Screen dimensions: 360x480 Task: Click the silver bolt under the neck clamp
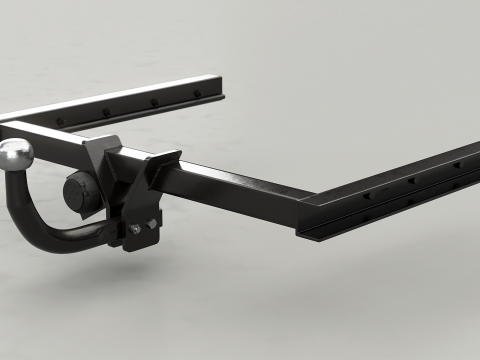(136, 229)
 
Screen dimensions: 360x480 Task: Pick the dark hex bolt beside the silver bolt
(152, 223)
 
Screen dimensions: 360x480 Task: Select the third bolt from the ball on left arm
(153, 102)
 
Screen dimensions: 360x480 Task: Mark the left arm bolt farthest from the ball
(197, 93)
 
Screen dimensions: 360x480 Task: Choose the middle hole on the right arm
(411, 181)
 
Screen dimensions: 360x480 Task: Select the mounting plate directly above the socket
(100, 150)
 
